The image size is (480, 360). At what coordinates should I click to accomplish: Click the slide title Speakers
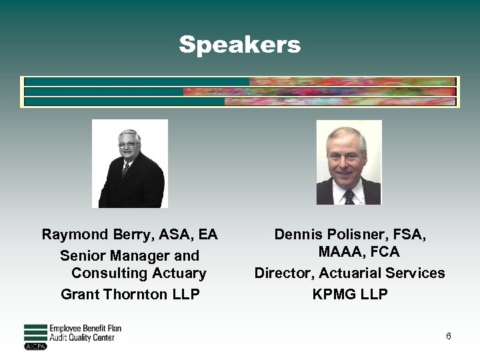pos(239,45)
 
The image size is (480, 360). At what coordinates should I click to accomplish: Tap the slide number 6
pos(449,336)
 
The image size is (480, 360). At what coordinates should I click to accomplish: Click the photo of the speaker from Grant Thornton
pos(129,163)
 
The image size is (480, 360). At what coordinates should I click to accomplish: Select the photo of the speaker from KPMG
pos(349,162)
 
